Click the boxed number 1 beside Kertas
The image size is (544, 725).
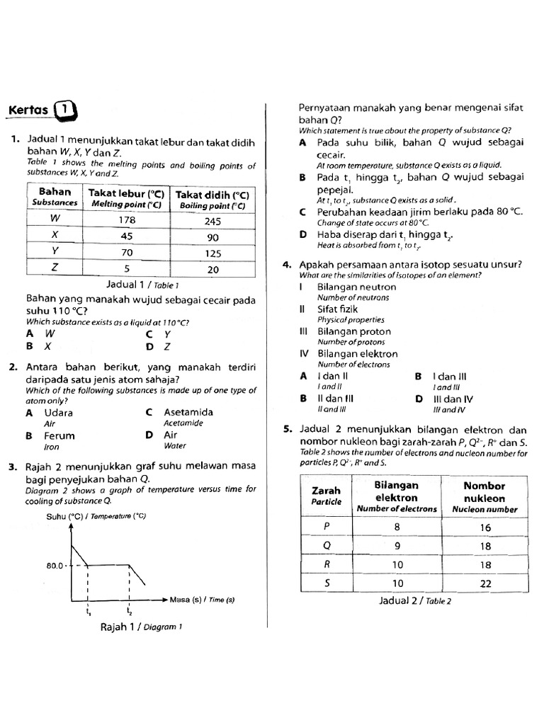click(x=64, y=110)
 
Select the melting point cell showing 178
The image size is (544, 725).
click(x=127, y=219)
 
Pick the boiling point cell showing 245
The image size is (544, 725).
click(x=212, y=221)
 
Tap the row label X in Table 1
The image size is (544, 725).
click(x=55, y=235)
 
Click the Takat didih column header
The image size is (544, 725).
click(x=212, y=198)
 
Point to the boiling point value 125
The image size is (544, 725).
click(x=212, y=252)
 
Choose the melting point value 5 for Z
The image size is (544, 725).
click(x=127, y=268)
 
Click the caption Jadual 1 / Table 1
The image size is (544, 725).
click(x=137, y=285)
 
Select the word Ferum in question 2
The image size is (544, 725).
click(x=59, y=435)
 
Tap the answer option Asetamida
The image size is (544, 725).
click(x=188, y=412)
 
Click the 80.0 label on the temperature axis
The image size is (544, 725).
click(x=56, y=566)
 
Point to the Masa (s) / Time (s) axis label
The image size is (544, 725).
click(x=202, y=600)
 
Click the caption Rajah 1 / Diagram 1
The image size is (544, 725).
click(x=142, y=627)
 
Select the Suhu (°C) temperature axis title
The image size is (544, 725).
click(x=96, y=516)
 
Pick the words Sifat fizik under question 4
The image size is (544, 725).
click(x=338, y=309)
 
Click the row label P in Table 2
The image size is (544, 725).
click(x=327, y=526)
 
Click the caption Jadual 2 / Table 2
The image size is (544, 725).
click(x=415, y=601)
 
